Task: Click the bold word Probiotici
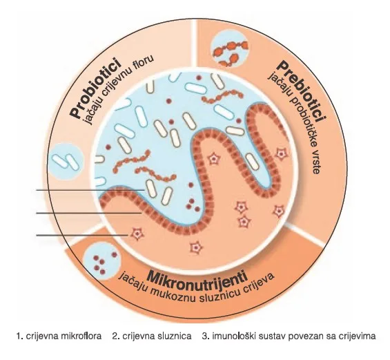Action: click(96, 87)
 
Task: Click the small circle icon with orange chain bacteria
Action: click(229, 49)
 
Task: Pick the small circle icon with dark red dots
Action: click(102, 261)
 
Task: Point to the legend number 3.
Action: click(205, 336)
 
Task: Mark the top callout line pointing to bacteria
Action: click(90, 190)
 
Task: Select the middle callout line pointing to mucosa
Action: click(89, 213)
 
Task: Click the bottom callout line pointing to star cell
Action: click(82, 235)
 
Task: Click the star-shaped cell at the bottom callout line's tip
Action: click(137, 234)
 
